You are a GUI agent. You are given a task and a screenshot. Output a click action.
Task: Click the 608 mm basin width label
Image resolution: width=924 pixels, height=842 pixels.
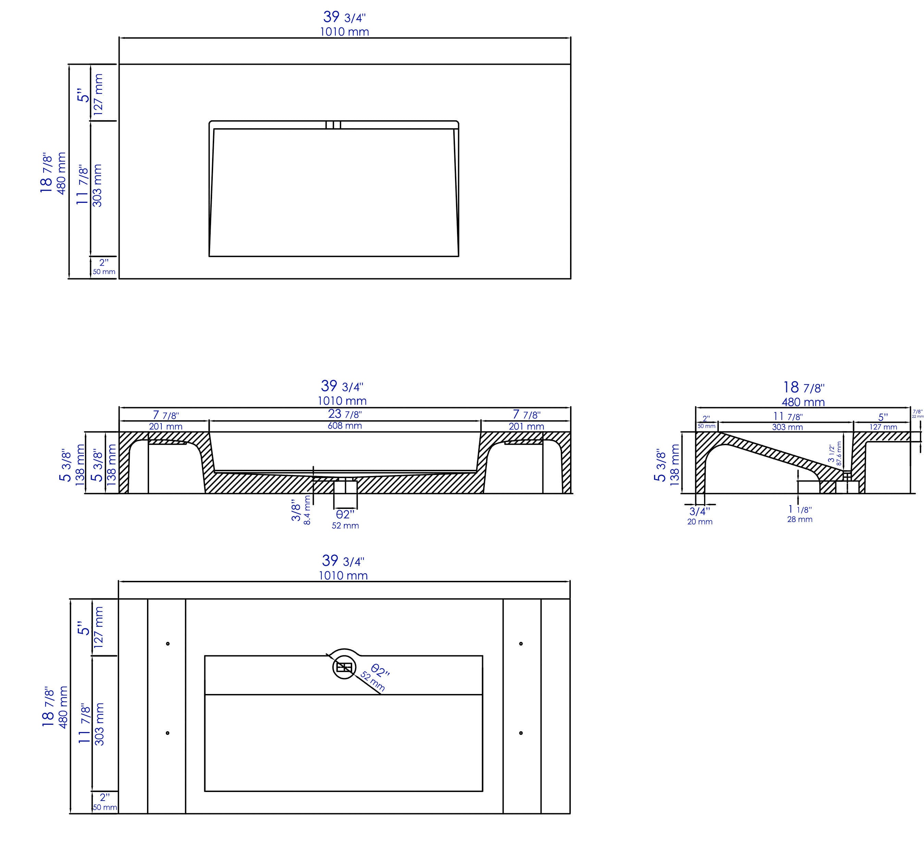pyautogui.click(x=345, y=426)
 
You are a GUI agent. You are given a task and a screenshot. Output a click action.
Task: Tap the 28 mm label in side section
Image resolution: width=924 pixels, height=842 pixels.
pyautogui.click(x=800, y=519)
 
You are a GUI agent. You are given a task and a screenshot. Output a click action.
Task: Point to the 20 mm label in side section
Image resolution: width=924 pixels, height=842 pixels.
pyautogui.click(x=700, y=522)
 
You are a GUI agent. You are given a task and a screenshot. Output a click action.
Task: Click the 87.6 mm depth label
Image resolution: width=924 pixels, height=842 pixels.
pyautogui.click(x=839, y=453)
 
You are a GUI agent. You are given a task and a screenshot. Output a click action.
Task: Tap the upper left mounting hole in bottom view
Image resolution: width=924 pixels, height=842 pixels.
pyautogui.click(x=168, y=644)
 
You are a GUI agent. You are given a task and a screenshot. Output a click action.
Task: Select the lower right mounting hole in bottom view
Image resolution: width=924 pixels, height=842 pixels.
pyautogui.click(x=521, y=733)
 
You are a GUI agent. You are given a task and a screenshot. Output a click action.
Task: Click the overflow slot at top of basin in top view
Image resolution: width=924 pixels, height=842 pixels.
pyautogui.click(x=333, y=125)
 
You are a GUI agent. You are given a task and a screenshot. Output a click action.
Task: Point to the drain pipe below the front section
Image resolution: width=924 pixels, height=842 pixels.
pyautogui.click(x=345, y=494)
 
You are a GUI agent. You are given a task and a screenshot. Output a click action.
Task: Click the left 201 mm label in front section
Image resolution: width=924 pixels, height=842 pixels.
pyautogui.click(x=165, y=426)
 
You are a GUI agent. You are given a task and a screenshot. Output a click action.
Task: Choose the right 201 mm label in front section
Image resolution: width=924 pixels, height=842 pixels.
pyautogui.click(x=526, y=426)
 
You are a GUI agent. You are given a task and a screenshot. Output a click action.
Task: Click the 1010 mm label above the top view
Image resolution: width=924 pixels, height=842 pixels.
pyautogui.click(x=344, y=32)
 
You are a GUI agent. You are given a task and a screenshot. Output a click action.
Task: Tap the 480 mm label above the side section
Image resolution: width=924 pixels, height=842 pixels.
pyautogui.click(x=803, y=402)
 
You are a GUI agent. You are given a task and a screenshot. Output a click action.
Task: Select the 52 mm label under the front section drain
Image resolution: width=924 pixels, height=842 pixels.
pyautogui.click(x=345, y=526)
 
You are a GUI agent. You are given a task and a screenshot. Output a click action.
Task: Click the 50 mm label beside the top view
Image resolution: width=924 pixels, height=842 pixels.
pyautogui.click(x=104, y=272)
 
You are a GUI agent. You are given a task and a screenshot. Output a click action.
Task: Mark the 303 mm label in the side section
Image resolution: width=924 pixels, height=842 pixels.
pyautogui.click(x=787, y=427)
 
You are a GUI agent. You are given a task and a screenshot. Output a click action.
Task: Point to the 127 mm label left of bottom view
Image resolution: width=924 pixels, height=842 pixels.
pyautogui.click(x=98, y=627)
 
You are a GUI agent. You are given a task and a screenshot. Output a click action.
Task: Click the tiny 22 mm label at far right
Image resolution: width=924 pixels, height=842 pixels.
pyautogui.click(x=917, y=417)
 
